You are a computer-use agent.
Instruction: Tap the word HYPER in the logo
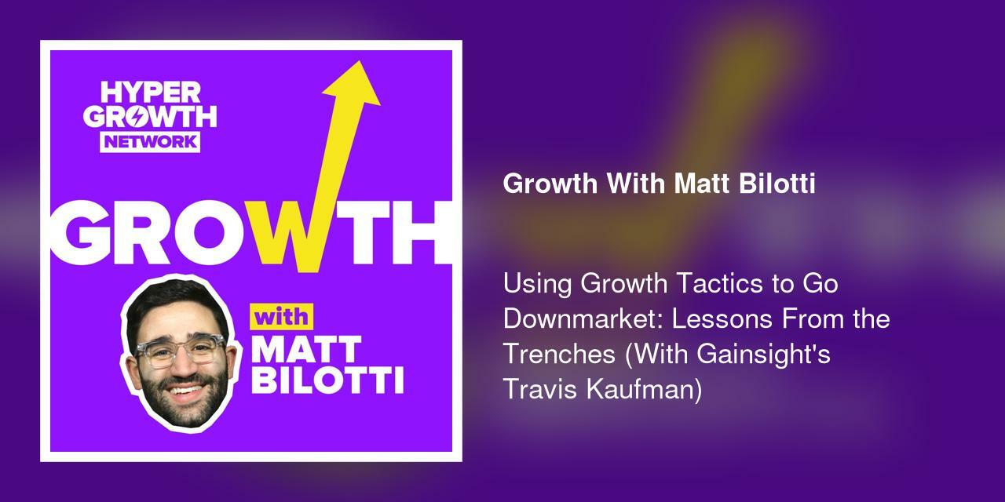150,93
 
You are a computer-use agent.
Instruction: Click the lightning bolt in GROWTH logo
152,117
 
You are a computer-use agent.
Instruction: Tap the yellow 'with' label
281,318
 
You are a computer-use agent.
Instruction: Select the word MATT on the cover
307,351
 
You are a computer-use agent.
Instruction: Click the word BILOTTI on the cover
327,381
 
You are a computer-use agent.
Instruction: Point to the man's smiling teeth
185,389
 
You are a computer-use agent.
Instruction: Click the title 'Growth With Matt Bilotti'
659,184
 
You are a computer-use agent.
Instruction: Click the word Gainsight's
762,354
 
